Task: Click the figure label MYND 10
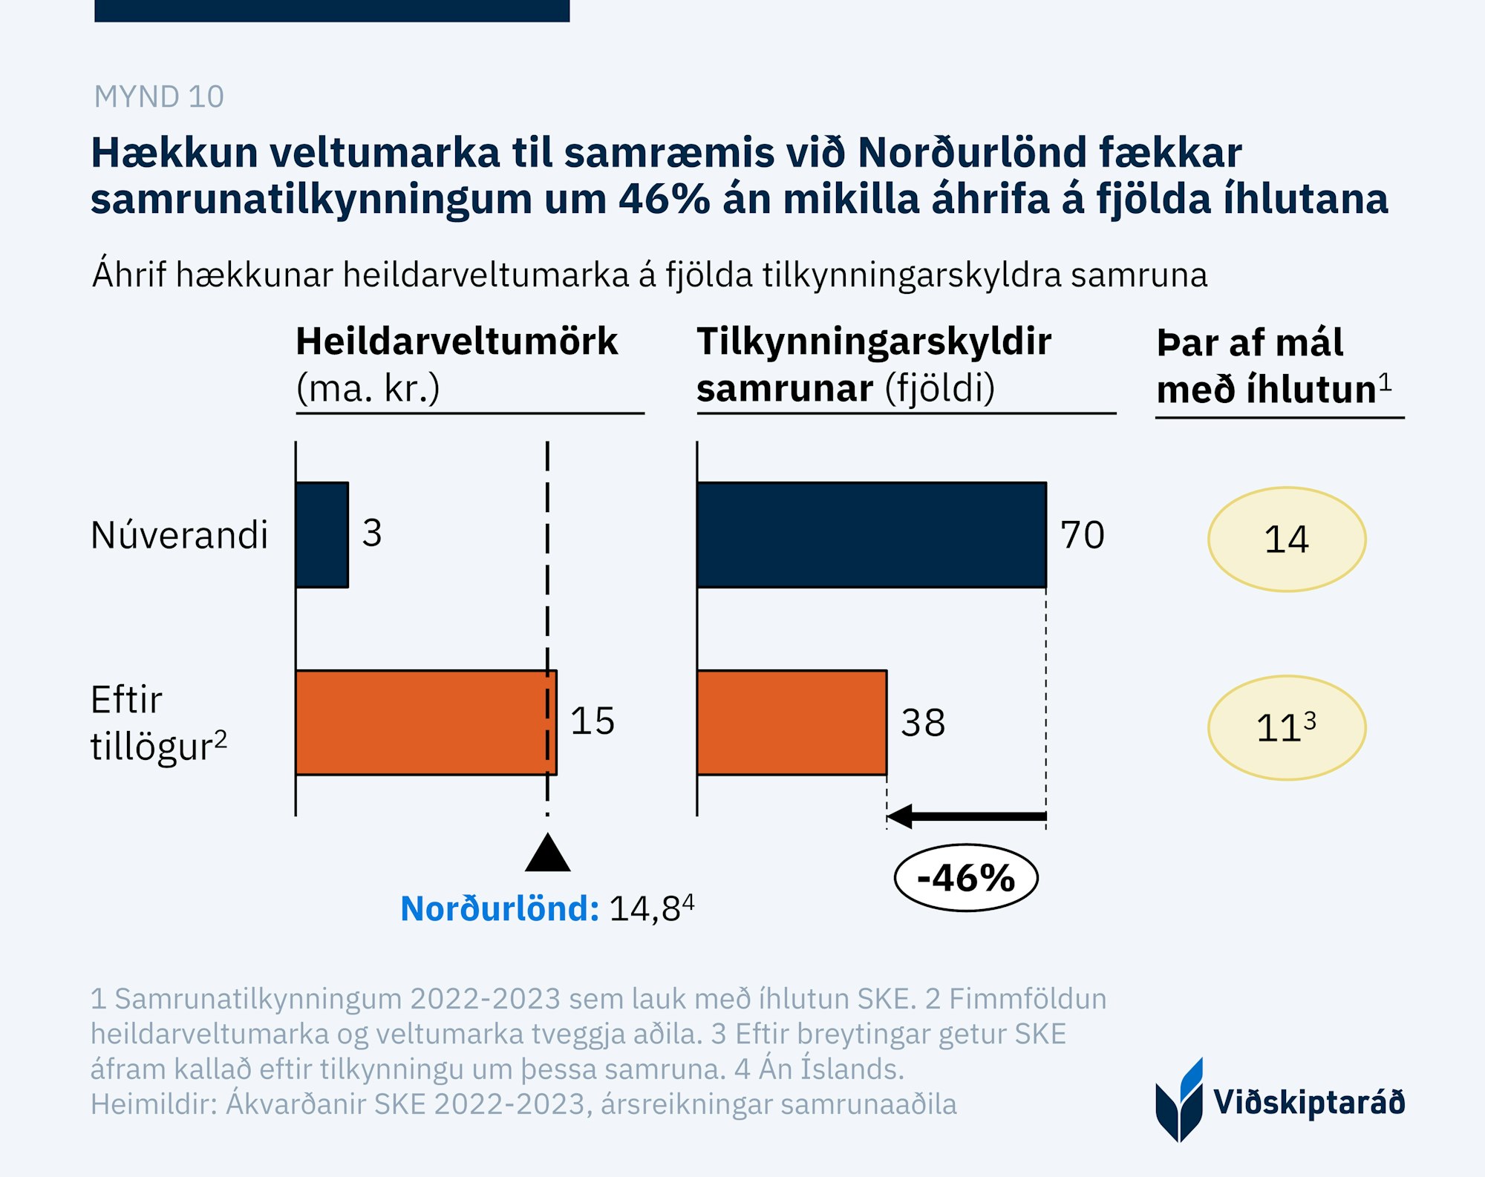(x=158, y=96)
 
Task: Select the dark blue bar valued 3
(x=322, y=534)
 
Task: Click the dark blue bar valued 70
(x=871, y=534)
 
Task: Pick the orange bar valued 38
(x=792, y=722)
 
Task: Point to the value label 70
(x=1083, y=535)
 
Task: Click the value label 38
(x=923, y=723)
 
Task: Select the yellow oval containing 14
(x=1287, y=539)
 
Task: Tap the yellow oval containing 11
(x=1287, y=727)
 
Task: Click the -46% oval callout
(x=966, y=878)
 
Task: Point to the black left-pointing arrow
(x=965, y=816)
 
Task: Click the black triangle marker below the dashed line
(x=548, y=854)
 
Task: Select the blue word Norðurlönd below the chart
(x=499, y=908)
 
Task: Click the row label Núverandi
(x=179, y=535)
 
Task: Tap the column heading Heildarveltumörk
(x=457, y=341)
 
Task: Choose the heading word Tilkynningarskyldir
(x=874, y=341)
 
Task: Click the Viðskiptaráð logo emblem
(x=1179, y=1101)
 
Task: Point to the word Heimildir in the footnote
(x=153, y=1104)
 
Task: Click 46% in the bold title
(x=664, y=199)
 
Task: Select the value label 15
(x=593, y=721)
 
